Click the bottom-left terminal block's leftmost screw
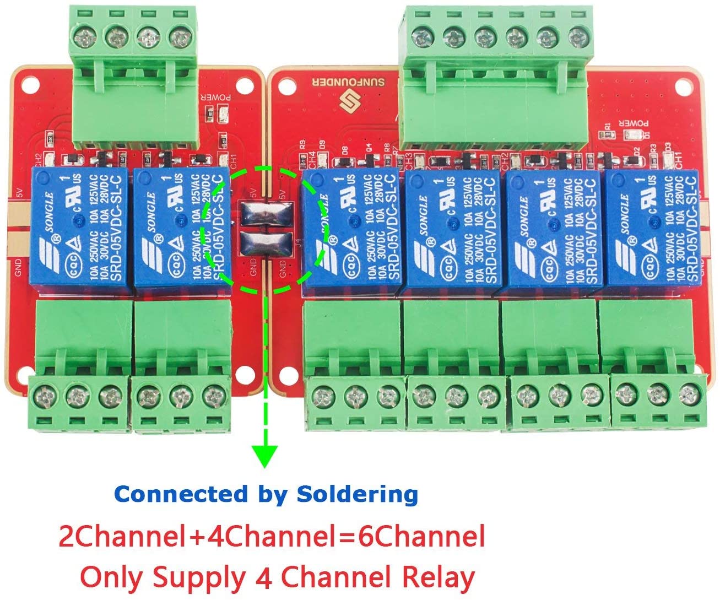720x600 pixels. pos(44,396)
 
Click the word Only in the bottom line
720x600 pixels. pos(113,578)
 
